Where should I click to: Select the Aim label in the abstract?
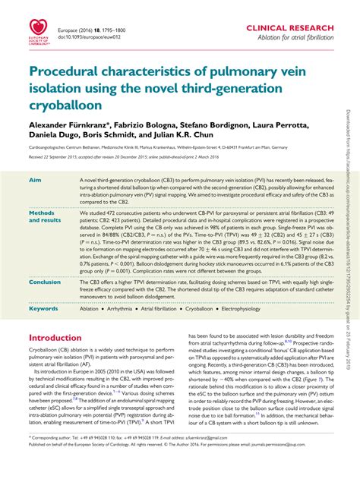coord(34,180)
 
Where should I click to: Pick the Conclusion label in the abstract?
coord(45,282)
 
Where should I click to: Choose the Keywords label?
coord(43,309)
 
